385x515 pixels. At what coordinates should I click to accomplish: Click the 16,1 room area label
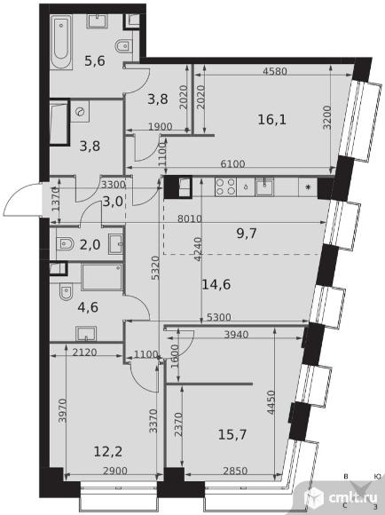point(271,120)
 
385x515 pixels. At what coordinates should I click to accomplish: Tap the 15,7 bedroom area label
point(232,434)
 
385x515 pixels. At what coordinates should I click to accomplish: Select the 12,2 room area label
point(108,452)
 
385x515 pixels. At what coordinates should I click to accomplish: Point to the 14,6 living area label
point(216,284)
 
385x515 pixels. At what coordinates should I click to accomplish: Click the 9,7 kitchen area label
point(247,234)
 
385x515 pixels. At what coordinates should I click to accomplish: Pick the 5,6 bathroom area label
point(95,60)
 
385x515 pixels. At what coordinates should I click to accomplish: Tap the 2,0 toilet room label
point(90,245)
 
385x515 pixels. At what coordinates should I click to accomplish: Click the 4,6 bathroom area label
point(88,307)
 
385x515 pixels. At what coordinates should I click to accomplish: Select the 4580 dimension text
point(275,71)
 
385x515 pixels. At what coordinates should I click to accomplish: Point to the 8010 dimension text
point(189,218)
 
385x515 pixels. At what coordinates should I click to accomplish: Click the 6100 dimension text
point(232,164)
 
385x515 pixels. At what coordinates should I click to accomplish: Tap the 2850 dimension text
point(235,471)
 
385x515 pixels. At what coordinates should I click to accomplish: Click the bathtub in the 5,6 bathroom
point(61,42)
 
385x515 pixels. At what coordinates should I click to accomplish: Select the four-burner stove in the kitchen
point(226,186)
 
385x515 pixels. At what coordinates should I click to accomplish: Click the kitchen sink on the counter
point(264,186)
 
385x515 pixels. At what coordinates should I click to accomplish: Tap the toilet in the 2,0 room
point(65,244)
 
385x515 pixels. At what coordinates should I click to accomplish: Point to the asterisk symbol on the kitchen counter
point(308,187)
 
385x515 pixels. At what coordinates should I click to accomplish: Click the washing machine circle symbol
point(81,113)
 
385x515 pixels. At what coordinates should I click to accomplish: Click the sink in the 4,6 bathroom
point(86,333)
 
